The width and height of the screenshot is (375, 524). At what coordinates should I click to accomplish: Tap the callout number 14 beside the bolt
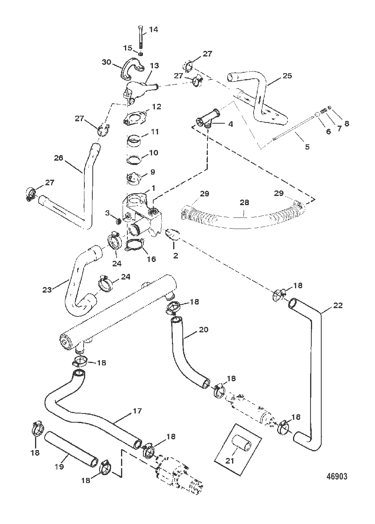[x=153, y=29]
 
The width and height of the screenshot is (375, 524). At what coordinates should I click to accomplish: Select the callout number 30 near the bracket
[x=107, y=62]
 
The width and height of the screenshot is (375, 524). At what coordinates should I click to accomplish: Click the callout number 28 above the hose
[x=244, y=202]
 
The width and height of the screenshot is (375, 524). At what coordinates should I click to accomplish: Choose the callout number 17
[x=137, y=411]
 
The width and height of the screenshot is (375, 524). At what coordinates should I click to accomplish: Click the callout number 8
[x=347, y=123]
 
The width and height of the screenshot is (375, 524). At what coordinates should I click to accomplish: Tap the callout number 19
[x=59, y=467]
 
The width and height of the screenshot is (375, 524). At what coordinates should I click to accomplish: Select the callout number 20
[x=203, y=330]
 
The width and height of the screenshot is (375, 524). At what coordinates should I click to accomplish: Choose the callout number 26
[x=59, y=158]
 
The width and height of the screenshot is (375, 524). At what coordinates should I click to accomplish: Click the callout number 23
[x=47, y=290]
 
